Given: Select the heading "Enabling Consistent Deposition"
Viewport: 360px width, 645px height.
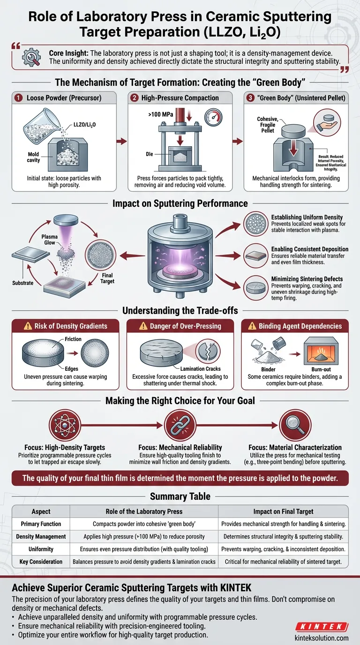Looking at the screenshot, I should click(310, 249).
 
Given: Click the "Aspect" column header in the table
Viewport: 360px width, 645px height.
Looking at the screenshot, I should click(42, 512).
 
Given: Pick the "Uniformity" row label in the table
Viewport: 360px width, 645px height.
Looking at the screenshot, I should click(42, 548).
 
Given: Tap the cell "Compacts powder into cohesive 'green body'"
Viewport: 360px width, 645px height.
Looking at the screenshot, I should click(144, 524).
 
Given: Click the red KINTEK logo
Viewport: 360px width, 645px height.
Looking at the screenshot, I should click(321, 627).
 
